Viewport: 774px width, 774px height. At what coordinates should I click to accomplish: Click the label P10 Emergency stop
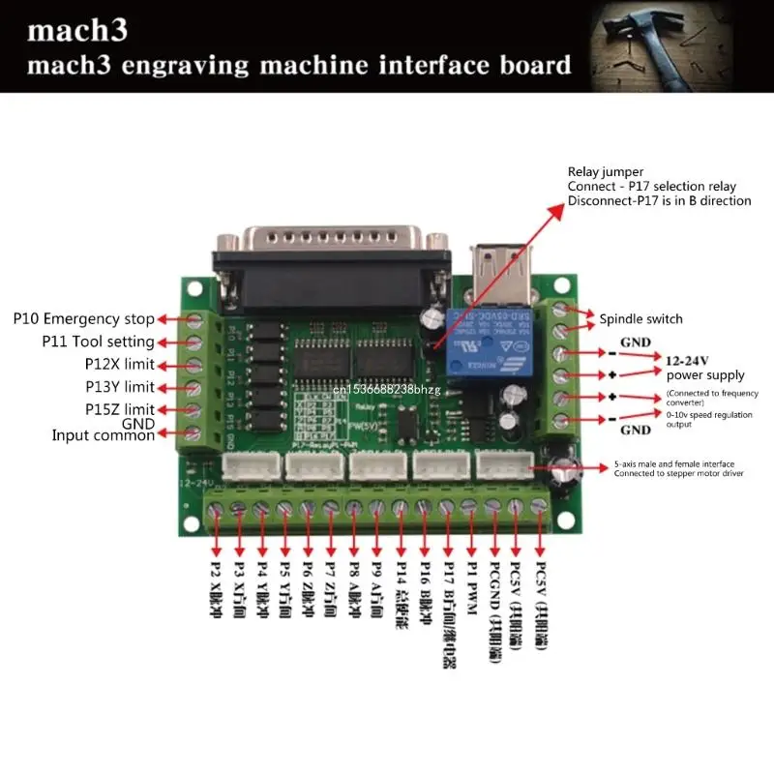[x=83, y=318]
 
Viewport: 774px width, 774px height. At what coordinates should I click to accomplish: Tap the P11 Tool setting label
[x=98, y=342]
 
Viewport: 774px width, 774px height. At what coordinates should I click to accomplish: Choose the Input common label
[x=103, y=435]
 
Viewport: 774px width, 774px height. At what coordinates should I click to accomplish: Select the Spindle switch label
[x=640, y=318]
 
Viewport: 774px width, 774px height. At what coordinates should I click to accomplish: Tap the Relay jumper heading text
[x=605, y=171]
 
